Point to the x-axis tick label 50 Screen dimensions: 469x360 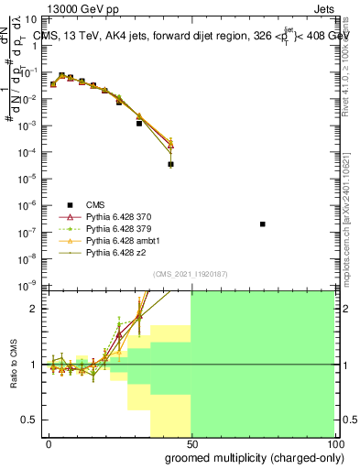pos(191,443)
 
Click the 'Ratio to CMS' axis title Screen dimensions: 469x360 pos(14,365)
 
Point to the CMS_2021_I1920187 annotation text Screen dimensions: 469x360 pos(190,273)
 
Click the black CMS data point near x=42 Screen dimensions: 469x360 pos(171,165)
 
